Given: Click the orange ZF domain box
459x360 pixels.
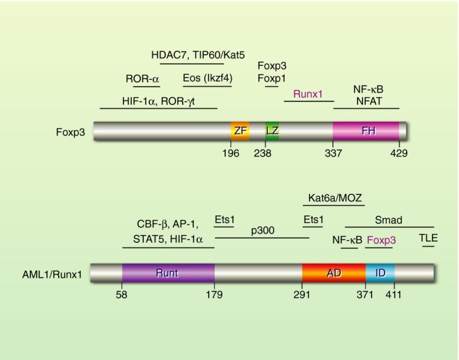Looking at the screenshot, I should (241, 130).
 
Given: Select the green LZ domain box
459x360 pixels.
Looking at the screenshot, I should (272, 130).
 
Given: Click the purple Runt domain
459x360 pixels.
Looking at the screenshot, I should (168, 273).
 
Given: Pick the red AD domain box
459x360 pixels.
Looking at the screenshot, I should (333, 273).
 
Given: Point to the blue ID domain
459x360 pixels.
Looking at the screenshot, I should (380, 273).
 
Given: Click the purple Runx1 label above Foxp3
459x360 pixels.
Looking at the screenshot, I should (309, 94).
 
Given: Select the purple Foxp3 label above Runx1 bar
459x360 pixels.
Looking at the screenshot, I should (381, 240).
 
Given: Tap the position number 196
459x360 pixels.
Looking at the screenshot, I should (231, 153).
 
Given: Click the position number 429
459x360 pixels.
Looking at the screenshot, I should (399, 153).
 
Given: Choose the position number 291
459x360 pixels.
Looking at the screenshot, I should (302, 295).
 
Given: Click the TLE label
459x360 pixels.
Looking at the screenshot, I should (429, 238).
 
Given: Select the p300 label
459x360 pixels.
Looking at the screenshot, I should (262, 230).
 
